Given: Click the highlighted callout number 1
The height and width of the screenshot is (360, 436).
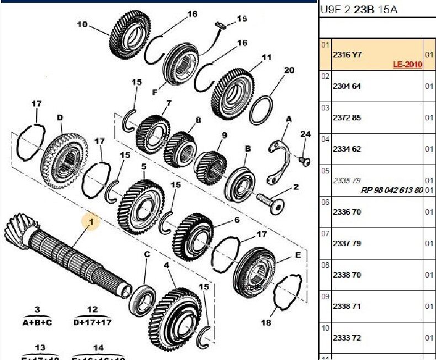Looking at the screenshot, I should click(91, 222).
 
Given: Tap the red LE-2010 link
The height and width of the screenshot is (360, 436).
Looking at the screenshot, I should click(407, 65).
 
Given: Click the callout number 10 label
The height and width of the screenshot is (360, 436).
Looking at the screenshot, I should click(82, 24).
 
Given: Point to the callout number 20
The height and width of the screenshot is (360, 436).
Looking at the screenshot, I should click(289, 71).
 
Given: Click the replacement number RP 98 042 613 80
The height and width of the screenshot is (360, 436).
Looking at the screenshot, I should click(392, 190).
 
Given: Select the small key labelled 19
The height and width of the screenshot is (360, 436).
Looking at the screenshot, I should click(220, 25).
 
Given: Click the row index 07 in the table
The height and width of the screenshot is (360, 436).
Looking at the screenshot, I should click(325, 234).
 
